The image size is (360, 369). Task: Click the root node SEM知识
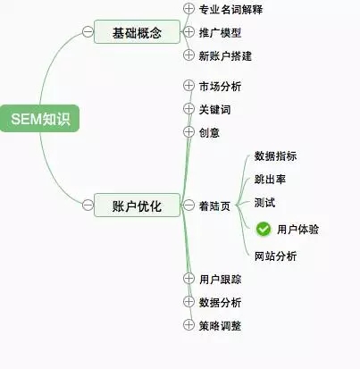pos(40,118)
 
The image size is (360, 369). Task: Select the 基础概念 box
pos(138,32)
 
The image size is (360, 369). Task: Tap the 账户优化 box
pos(138,205)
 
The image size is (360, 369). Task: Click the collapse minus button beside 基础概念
pos(88,31)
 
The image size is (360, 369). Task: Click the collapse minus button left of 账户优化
pos(88,205)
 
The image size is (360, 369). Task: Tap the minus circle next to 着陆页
pos(188,205)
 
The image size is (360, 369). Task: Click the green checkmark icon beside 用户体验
pos(264,230)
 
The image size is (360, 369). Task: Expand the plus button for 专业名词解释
pos(188,9)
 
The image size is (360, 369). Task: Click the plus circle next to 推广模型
pos(188,31)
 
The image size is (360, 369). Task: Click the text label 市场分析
pos(220,87)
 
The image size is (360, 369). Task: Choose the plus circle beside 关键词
pos(188,109)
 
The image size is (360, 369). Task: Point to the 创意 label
pos(209,132)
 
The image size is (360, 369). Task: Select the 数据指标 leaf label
pos(275,156)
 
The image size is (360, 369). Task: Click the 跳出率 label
pos(270,180)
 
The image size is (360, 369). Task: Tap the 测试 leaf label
pos(264,203)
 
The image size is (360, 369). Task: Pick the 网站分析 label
pos(275,256)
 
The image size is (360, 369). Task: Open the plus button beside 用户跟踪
pos(188,278)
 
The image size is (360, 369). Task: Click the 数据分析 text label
pos(220,303)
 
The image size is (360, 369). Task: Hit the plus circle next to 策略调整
pos(188,324)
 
